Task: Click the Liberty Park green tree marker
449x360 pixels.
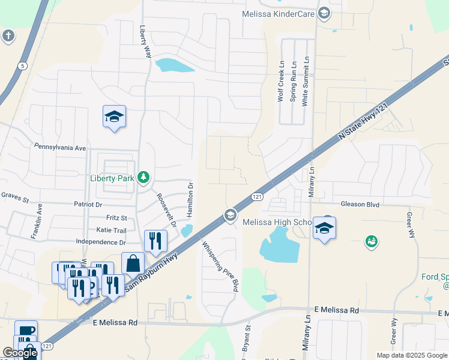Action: [x=143, y=177]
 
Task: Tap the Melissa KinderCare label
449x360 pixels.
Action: [x=280, y=13]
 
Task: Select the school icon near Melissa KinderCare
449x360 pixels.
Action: [x=324, y=13]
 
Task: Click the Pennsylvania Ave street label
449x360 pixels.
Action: [x=60, y=147]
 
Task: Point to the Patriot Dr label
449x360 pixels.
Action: [x=103, y=205]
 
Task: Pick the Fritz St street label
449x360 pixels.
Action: [x=116, y=218]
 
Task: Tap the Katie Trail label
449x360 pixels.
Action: [x=111, y=230]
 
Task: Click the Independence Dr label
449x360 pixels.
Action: [x=101, y=242]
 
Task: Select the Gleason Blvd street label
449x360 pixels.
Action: [x=360, y=205]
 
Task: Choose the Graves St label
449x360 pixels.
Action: [x=15, y=195]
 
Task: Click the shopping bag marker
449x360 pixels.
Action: [x=133, y=263]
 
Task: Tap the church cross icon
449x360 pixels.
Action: [x=8, y=36]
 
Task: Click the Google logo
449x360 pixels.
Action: [x=19, y=353]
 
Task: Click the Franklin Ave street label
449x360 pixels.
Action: [x=40, y=219]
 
